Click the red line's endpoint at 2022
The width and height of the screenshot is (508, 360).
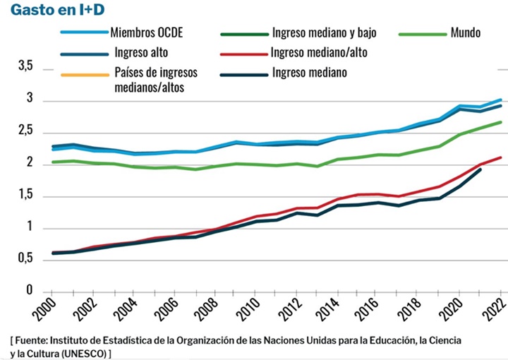(501, 157)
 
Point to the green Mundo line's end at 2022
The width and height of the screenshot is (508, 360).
(501, 122)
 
